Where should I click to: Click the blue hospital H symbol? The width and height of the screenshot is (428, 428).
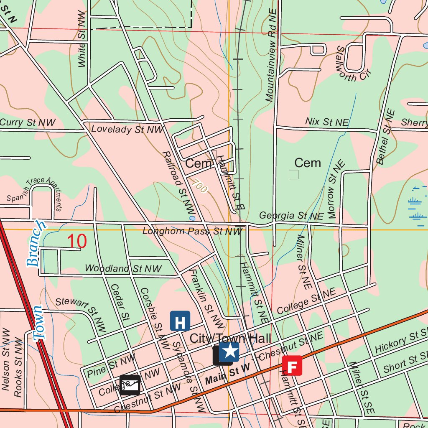[180, 321]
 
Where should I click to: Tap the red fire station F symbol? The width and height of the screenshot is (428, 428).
[292, 366]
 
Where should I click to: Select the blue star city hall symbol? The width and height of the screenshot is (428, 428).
[229, 352]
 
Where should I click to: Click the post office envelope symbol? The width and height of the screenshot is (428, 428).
[130, 385]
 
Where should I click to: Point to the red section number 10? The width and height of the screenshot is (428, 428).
[77, 241]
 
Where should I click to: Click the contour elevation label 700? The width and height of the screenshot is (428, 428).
[200, 186]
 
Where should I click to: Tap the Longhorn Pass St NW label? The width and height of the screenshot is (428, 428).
[192, 231]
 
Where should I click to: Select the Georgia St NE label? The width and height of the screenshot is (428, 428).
[291, 216]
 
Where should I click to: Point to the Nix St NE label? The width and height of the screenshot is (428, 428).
[326, 122]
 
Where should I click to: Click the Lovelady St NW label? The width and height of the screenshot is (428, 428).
[127, 129]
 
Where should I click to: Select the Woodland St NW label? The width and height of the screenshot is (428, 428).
[123, 268]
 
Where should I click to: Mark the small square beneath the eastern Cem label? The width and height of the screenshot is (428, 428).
[294, 174]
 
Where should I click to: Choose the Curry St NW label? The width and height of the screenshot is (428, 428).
[28, 122]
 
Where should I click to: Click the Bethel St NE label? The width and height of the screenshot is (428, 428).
[386, 137]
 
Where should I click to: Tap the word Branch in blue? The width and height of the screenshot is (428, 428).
[36, 244]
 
